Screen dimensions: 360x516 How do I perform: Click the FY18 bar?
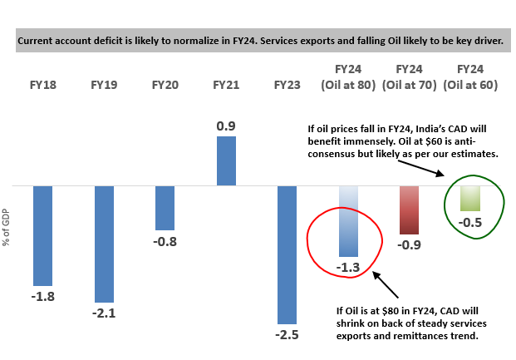(x=42, y=235)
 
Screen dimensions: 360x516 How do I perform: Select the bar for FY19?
(x=104, y=244)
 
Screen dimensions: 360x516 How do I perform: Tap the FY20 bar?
(x=165, y=208)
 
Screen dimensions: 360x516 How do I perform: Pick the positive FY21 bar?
(x=226, y=160)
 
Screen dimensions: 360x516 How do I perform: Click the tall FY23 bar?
(x=287, y=254)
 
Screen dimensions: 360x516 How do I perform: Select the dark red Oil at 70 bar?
(x=409, y=210)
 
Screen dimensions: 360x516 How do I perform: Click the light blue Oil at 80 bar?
(x=348, y=220)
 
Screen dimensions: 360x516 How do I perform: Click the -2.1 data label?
(x=104, y=313)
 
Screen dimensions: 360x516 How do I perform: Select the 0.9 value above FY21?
(x=226, y=125)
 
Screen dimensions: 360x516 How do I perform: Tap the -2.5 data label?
(x=287, y=335)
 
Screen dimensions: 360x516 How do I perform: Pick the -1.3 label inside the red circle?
(x=349, y=268)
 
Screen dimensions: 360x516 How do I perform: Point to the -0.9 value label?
(x=409, y=245)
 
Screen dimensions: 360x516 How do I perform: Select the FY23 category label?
(x=287, y=84)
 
